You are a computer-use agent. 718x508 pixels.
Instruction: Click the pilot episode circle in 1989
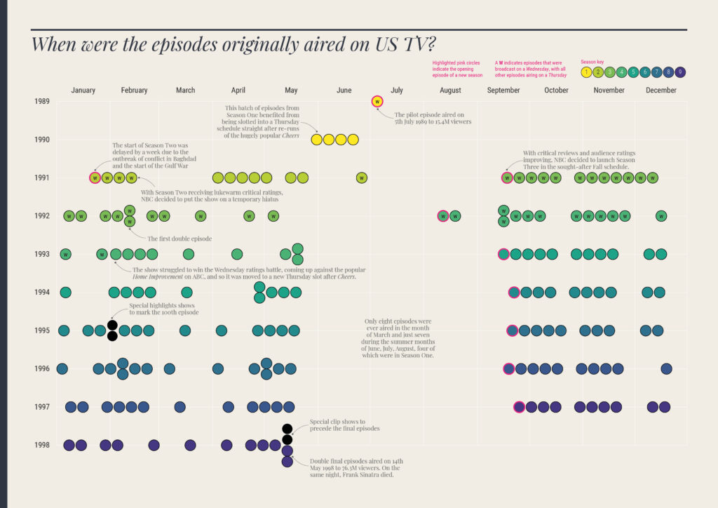click(378, 102)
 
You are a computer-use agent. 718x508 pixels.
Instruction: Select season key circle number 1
click(586, 72)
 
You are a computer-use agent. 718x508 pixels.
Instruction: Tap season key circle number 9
click(680, 72)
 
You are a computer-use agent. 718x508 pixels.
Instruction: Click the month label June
click(344, 91)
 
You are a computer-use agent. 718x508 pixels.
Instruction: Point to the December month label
click(661, 91)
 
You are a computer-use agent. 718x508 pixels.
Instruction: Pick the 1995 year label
click(41, 330)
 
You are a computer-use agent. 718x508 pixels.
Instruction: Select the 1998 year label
click(41, 445)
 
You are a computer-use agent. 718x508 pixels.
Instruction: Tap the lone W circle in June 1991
click(361, 178)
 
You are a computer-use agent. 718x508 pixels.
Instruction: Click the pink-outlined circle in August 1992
click(442, 216)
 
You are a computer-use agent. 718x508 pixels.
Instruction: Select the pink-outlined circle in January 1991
click(95, 178)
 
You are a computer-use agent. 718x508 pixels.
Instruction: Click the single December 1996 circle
click(666, 368)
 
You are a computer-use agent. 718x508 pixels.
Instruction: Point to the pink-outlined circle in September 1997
click(519, 406)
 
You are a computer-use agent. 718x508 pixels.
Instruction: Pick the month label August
click(450, 91)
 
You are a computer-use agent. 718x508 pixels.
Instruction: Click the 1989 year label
click(41, 102)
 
